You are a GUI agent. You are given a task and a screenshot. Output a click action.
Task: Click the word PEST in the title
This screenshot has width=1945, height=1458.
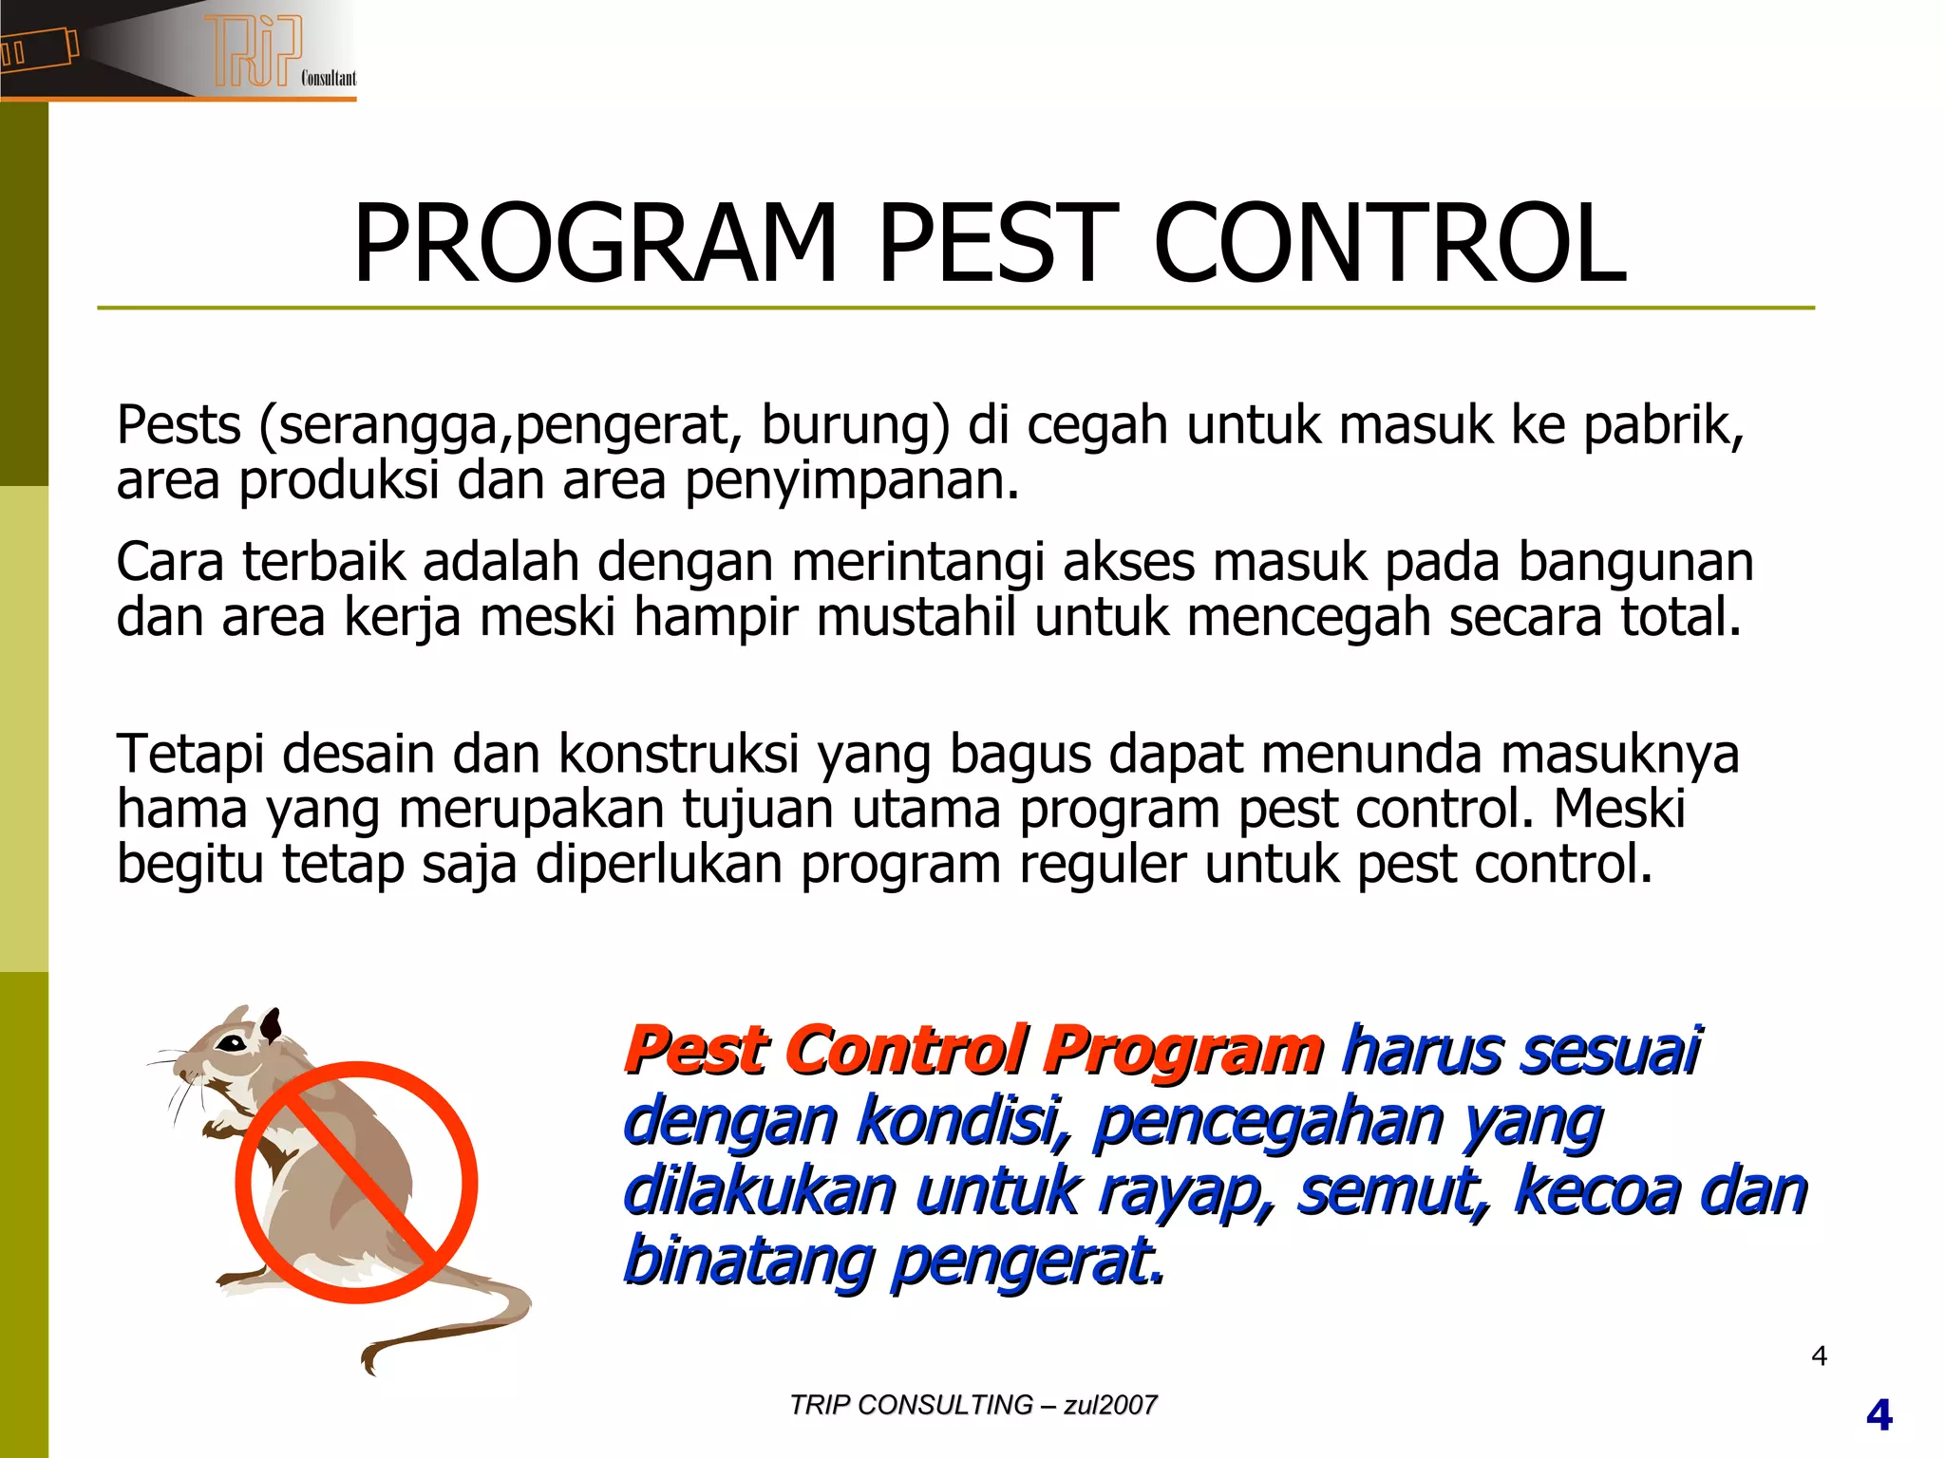(x=992, y=245)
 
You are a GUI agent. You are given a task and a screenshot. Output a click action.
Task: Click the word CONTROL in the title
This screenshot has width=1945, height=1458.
(x=1389, y=245)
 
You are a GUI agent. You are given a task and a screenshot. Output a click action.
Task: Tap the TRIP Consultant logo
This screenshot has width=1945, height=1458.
(x=256, y=52)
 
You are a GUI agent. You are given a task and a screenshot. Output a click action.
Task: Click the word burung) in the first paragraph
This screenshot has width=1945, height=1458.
(x=855, y=425)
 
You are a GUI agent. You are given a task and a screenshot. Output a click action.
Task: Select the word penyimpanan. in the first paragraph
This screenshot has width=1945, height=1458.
(x=852, y=481)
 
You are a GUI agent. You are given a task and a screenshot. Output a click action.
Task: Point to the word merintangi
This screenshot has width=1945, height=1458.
(x=917, y=562)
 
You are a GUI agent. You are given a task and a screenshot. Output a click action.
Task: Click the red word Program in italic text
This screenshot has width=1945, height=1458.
(x=1182, y=1052)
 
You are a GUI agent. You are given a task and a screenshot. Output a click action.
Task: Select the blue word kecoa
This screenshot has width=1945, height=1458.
(x=1596, y=1191)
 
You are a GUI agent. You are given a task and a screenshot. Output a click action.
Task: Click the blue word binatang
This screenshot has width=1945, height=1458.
(x=748, y=1262)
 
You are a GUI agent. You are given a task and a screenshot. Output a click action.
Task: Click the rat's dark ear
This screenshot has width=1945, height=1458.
(x=272, y=1025)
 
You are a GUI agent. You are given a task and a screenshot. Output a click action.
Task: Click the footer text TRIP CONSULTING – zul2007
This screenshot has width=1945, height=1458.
(x=972, y=1405)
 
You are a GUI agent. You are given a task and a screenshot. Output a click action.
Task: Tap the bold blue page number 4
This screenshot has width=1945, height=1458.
(x=1879, y=1416)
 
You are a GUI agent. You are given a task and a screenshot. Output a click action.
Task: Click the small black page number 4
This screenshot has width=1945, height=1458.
(x=1819, y=1355)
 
